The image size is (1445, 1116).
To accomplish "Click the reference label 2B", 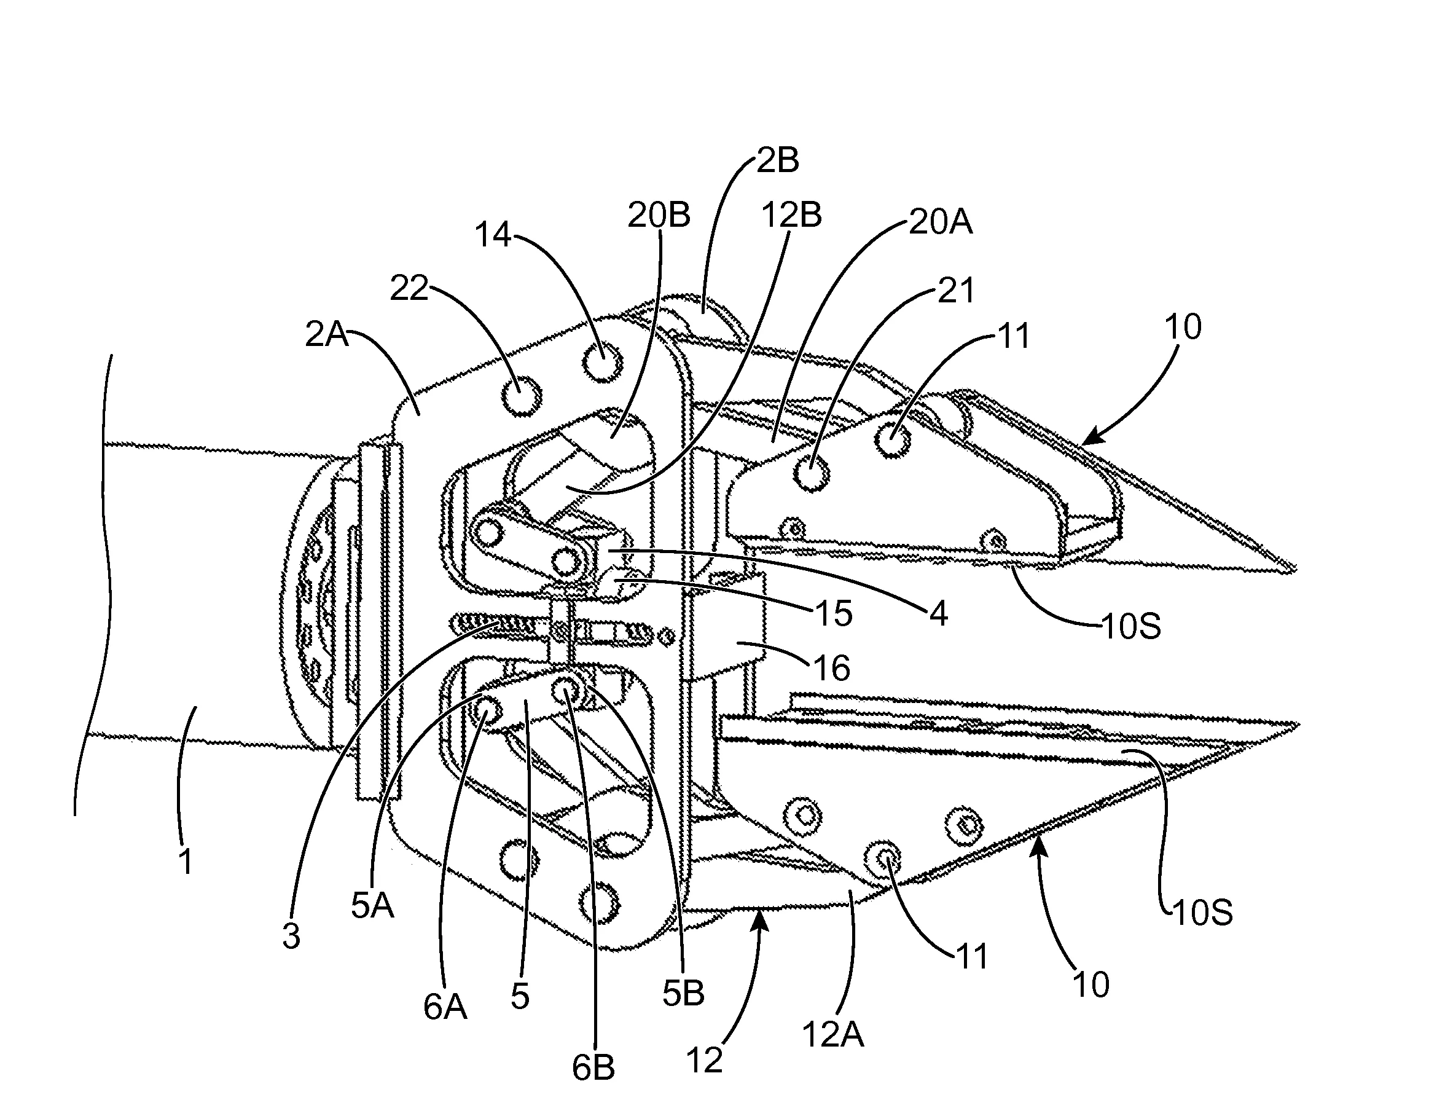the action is coord(777,160).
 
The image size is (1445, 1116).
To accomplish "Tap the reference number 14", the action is coord(494,234).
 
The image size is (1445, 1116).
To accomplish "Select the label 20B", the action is coord(659,215).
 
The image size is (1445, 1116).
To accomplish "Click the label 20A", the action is coord(940,222).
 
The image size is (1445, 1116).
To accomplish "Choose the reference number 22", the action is coord(410,288).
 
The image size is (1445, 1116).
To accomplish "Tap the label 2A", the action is coord(326,335).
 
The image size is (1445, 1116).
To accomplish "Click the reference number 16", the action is coord(831,668).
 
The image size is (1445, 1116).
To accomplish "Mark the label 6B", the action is coord(593,1087).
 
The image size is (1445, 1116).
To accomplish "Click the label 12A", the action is coord(833,1033).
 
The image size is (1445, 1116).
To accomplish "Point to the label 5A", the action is coord(372,905).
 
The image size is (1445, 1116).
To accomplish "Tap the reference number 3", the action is coord(291,936).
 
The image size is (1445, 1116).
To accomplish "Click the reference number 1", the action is coord(187,862).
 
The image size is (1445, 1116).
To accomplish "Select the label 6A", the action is coord(445,1007).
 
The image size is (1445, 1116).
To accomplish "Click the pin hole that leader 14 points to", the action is coord(603,363).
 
